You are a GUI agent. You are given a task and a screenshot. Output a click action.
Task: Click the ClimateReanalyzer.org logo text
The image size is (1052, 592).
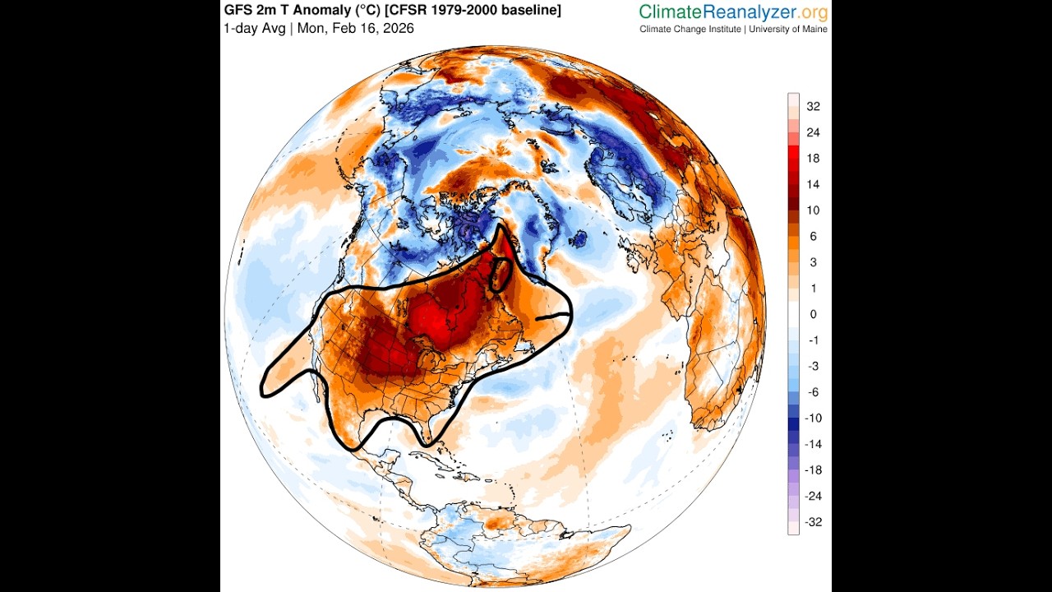click(x=733, y=12)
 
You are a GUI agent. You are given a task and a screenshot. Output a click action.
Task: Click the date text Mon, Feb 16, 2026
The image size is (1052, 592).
click(x=356, y=29)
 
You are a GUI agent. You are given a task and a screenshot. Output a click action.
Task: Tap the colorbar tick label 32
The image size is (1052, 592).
click(x=813, y=106)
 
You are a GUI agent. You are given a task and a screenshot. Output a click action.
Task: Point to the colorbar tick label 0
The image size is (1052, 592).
click(x=813, y=314)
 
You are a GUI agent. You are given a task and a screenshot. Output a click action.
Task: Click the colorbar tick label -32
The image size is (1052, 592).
click(x=813, y=522)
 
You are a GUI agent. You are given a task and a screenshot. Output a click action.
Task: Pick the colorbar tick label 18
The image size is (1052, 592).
click(x=813, y=158)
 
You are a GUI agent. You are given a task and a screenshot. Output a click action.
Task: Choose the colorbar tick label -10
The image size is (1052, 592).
click(x=813, y=418)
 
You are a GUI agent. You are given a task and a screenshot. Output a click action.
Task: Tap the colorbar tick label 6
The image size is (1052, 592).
click(x=813, y=236)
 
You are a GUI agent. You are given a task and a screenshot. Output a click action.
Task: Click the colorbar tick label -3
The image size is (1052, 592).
click(x=813, y=366)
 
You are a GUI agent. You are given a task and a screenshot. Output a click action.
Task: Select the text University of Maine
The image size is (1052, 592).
click(x=788, y=30)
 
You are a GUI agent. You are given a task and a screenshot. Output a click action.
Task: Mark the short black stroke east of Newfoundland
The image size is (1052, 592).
click(x=552, y=315)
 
